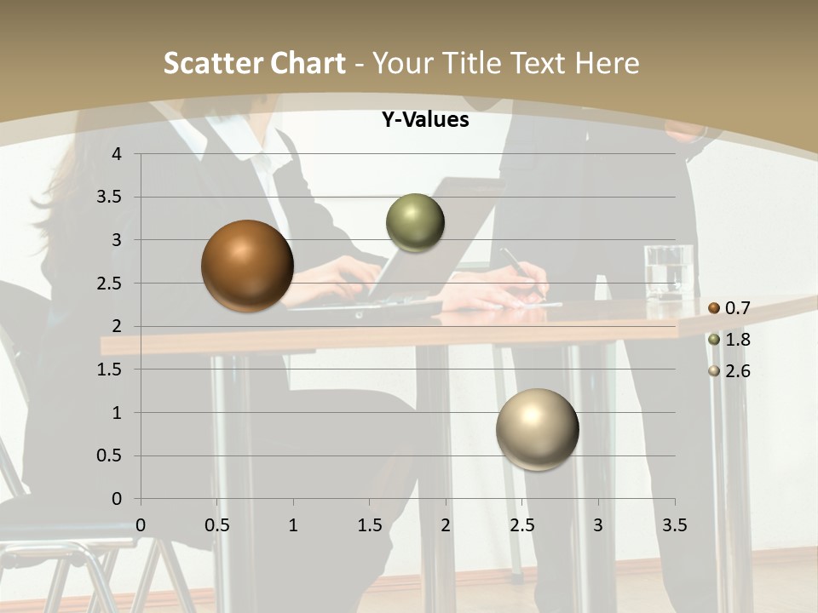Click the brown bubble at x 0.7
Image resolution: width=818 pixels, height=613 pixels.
pos(247,266)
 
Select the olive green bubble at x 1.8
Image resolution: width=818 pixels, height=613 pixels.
pos(415,223)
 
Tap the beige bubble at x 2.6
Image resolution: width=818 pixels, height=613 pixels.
pos(537,429)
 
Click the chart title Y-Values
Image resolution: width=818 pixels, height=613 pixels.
pos(425,120)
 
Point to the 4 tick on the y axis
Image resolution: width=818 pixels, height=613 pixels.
pos(117,154)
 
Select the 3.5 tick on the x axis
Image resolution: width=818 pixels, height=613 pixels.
pos(674,525)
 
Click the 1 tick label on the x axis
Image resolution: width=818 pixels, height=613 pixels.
pos(293,525)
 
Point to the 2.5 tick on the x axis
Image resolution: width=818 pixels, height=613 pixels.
pos(521,525)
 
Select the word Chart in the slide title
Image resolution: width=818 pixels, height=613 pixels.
pos(307,63)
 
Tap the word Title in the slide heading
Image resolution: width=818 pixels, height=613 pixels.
pos(472,63)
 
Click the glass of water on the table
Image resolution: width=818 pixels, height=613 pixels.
pos(668,273)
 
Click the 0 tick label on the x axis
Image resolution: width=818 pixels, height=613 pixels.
pos(141,525)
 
